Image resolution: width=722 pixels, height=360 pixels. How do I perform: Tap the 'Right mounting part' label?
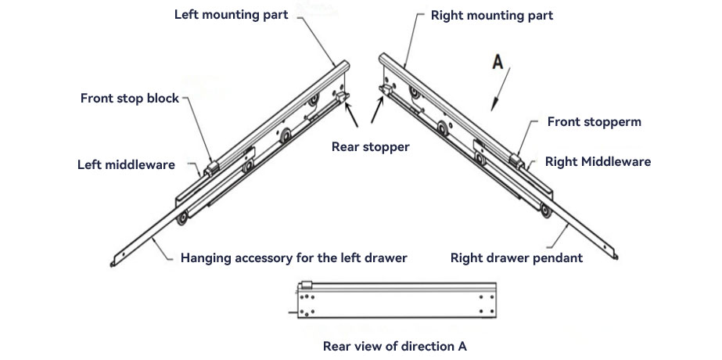[x=492, y=15]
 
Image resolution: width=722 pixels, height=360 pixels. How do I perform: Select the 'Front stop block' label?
[x=130, y=99]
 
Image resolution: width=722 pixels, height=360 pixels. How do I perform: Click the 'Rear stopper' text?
[x=371, y=146]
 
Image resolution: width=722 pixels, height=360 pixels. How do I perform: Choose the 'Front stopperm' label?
[x=594, y=121]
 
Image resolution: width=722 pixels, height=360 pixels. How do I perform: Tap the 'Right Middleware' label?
[x=598, y=162]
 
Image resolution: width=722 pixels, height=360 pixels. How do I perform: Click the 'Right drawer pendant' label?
[x=516, y=257]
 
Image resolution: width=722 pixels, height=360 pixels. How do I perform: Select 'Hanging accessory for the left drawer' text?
[x=293, y=257]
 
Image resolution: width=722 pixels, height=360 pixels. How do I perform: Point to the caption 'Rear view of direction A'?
[x=395, y=344]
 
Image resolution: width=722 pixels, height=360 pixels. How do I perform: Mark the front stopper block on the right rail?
[x=517, y=160]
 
